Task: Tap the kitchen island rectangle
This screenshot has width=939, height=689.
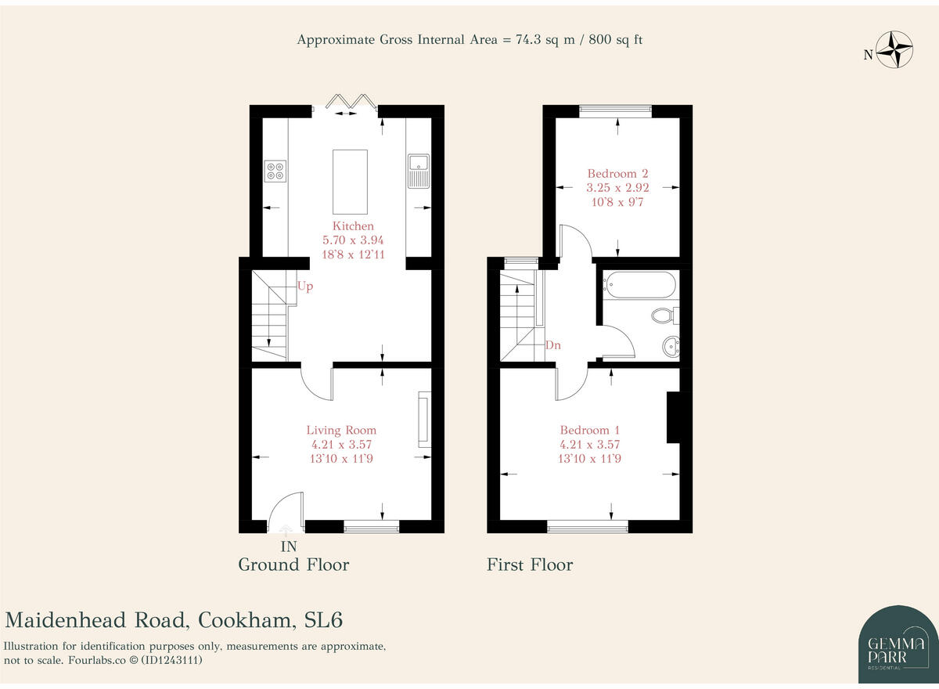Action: click(x=350, y=182)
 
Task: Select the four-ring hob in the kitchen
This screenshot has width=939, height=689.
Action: click(x=275, y=171)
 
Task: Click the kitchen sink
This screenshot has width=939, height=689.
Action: click(x=419, y=171)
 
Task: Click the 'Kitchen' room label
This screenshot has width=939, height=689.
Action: click(x=353, y=226)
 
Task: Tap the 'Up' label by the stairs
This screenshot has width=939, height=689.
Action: click(x=305, y=287)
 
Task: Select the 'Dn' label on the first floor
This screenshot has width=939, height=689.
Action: click(x=552, y=345)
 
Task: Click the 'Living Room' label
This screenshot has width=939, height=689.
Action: click(x=341, y=430)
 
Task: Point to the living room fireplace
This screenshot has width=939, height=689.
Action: click(x=424, y=419)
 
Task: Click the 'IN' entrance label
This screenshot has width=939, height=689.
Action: click(x=289, y=547)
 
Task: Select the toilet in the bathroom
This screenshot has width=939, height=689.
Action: click(x=664, y=316)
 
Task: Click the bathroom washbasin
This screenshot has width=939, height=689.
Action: click(x=671, y=345)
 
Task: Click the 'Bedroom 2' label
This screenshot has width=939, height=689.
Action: click(x=617, y=174)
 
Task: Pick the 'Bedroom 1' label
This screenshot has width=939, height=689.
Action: click(x=589, y=430)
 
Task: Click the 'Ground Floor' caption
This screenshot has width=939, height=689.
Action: click(x=293, y=565)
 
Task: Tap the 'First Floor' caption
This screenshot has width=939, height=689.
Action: click(x=530, y=565)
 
